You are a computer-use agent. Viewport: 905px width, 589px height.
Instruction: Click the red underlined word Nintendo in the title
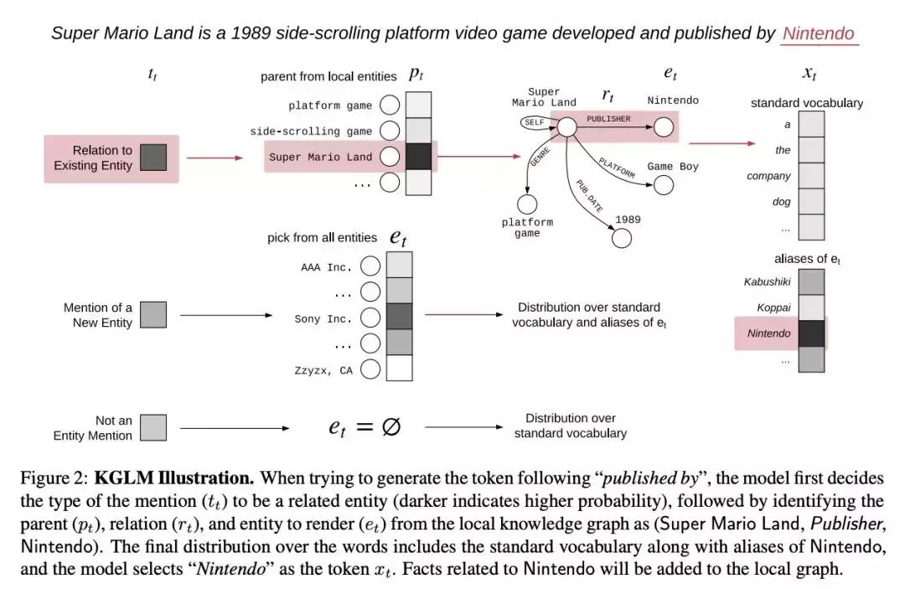[x=818, y=34]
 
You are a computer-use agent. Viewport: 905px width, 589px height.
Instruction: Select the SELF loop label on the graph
[x=534, y=122]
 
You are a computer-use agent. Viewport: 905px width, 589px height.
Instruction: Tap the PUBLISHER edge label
[x=608, y=119]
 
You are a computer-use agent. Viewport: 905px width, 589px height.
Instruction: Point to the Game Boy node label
[x=672, y=166]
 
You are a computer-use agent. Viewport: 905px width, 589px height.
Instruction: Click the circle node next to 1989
[x=621, y=238]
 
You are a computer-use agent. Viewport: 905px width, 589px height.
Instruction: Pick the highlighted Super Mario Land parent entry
[x=320, y=157]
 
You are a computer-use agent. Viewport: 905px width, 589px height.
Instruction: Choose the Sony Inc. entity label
[x=323, y=318]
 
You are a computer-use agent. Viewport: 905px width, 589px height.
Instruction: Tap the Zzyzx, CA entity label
[x=323, y=369]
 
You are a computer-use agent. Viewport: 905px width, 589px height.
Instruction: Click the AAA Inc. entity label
[x=327, y=267]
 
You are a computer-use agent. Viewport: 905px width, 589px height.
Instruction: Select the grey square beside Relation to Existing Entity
[x=153, y=158]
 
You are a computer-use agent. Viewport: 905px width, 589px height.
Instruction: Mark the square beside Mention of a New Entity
[x=153, y=314]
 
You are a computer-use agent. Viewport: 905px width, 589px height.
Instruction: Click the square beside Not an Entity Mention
[x=153, y=427]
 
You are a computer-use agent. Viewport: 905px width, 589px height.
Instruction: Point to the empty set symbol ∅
[x=390, y=426]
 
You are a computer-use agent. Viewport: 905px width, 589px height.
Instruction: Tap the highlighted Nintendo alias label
[x=768, y=333]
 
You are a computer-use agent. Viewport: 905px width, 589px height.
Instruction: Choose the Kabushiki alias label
[x=767, y=282]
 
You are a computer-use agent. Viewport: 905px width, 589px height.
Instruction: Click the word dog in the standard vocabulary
[x=781, y=202]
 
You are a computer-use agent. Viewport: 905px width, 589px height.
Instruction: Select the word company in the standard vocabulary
[x=768, y=176]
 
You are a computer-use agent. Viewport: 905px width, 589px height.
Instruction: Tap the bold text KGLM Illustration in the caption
[x=173, y=478]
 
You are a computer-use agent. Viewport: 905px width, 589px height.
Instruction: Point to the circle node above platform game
[x=527, y=204]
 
